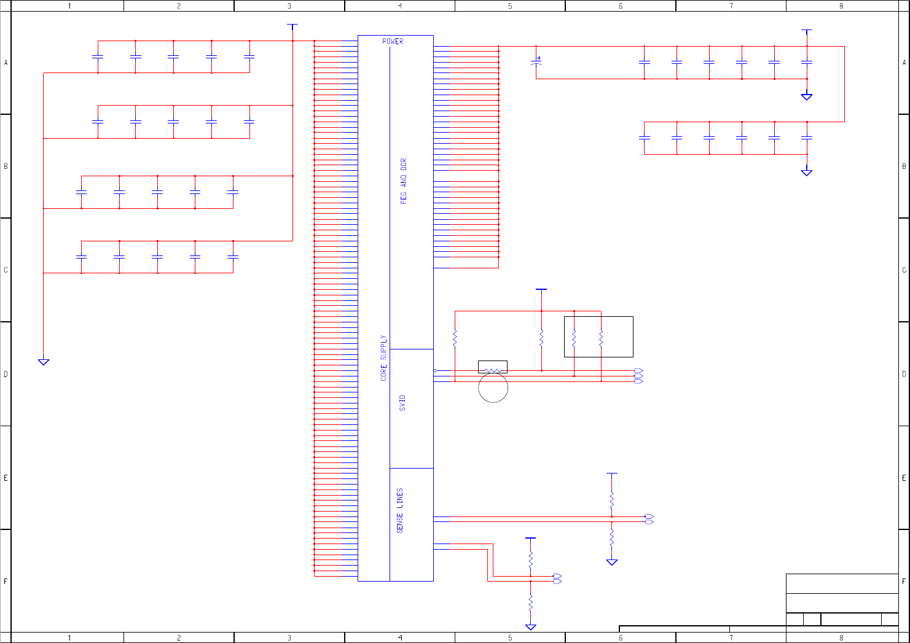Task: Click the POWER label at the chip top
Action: [393, 41]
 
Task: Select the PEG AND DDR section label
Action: [404, 181]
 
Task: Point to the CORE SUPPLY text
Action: [384, 358]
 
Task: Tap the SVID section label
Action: [402, 403]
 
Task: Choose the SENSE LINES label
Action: [400, 510]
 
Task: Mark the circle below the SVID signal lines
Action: [493, 388]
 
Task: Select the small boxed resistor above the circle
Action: [492, 367]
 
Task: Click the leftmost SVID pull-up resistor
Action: [455, 338]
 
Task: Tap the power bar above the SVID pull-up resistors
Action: [541, 289]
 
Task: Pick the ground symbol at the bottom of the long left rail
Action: [44, 362]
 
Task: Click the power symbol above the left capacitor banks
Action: [292, 26]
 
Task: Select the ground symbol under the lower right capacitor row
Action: [807, 173]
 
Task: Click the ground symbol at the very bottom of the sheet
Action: [530, 627]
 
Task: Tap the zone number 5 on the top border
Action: [510, 6]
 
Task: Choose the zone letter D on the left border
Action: [6, 374]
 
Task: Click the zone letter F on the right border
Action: [904, 581]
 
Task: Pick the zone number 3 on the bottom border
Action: [289, 638]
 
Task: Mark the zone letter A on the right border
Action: [904, 63]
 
